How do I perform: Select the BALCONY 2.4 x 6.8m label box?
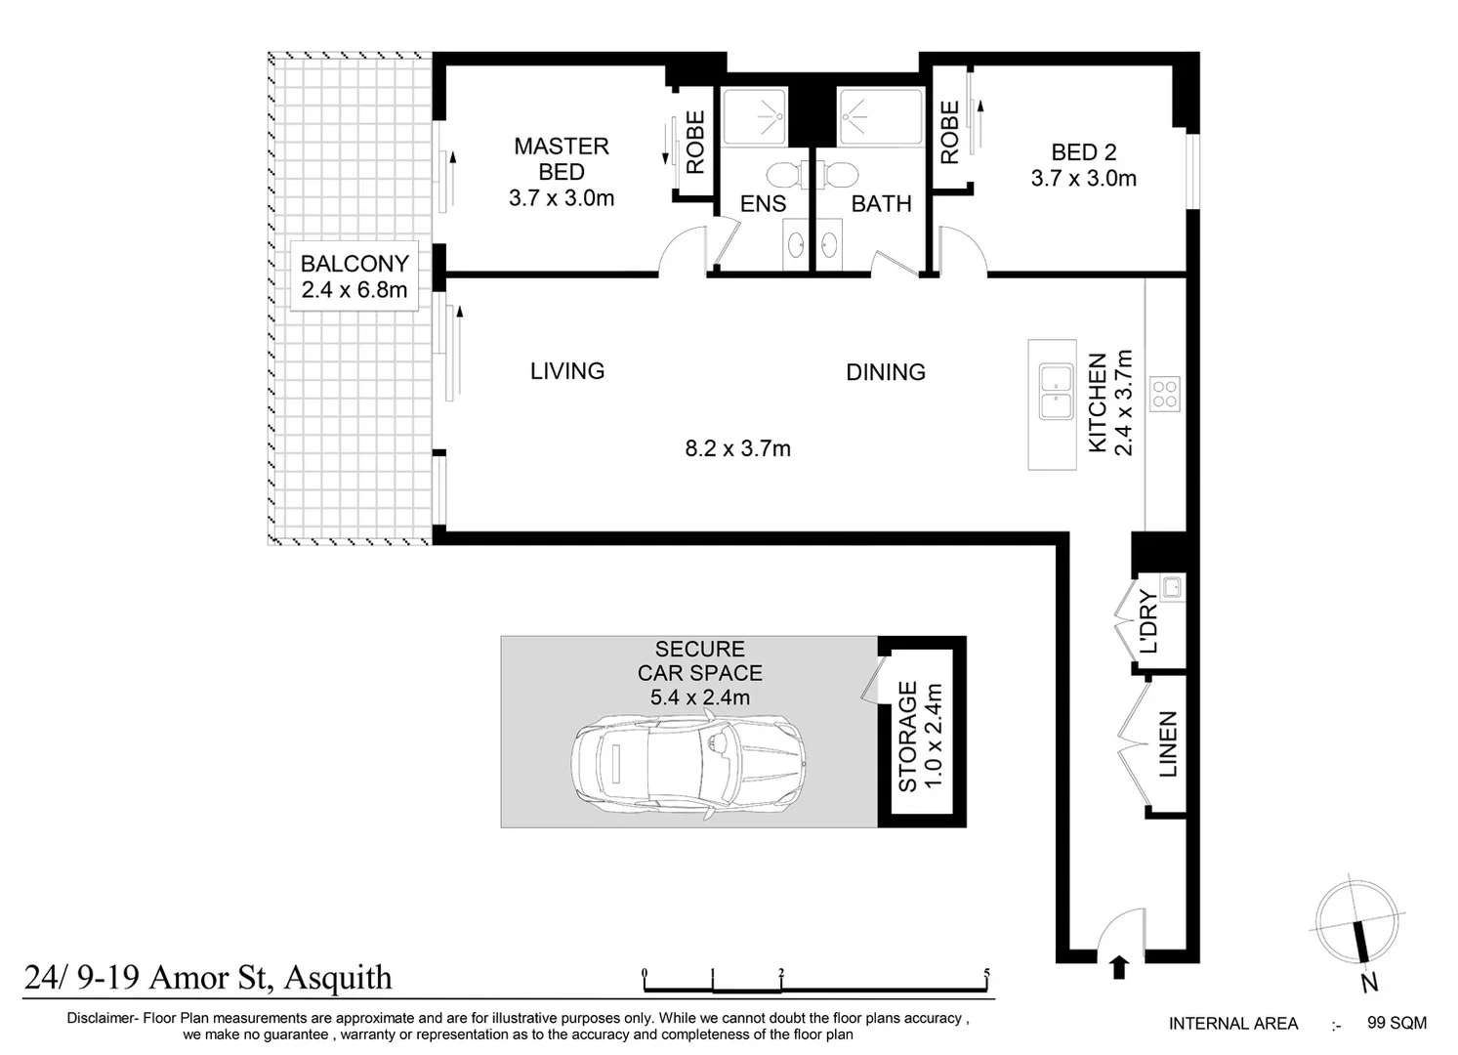354,276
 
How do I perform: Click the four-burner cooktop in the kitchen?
1165,394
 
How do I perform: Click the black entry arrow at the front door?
1119,967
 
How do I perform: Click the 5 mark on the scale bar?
987,974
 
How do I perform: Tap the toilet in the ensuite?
782,175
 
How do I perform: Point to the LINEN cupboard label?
1168,744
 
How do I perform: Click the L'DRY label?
1148,622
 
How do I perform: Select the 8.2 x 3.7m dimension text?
737,449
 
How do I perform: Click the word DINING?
885,372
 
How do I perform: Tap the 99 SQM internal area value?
1396,1023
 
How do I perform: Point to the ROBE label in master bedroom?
695,143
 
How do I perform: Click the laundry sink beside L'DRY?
1173,586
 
